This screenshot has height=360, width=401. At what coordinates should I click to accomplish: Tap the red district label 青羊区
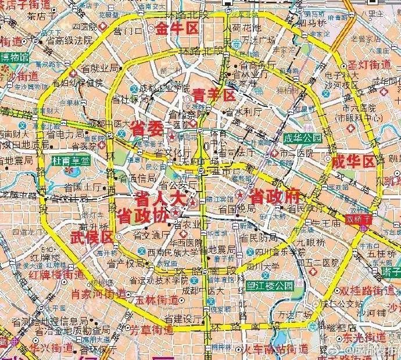(x=214, y=95)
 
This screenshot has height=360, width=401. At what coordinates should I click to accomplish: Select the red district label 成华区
(x=354, y=162)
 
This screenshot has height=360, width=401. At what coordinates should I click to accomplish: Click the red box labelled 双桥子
(x=358, y=219)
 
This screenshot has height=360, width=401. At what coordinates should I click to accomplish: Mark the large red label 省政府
(x=274, y=196)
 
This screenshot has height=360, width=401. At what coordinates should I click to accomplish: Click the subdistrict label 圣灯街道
(x=375, y=64)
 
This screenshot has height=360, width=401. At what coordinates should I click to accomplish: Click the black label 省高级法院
(x=70, y=41)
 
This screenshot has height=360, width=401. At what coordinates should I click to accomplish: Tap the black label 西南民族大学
(x=172, y=253)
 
